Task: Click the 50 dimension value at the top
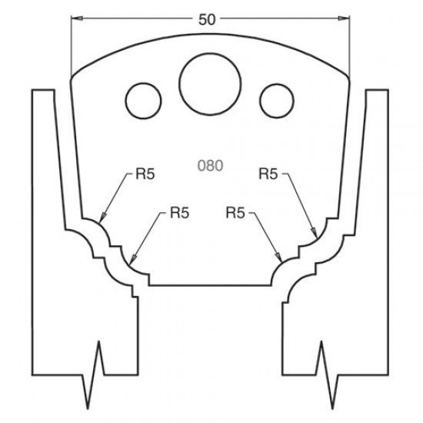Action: click(x=206, y=20)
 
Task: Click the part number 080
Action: click(x=209, y=163)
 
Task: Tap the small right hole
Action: click(x=274, y=98)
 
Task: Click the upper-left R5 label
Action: click(x=145, y=175)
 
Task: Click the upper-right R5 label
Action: click(x=268, y=175)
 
